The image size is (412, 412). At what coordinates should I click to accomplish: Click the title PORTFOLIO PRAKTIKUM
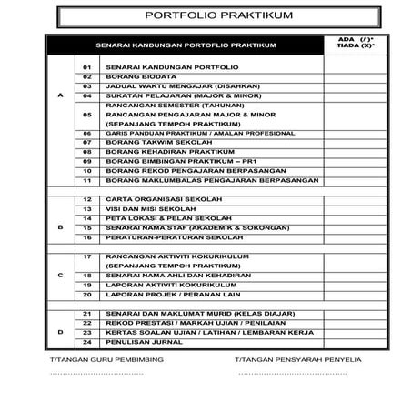pyautogui.click(x=206, y=17)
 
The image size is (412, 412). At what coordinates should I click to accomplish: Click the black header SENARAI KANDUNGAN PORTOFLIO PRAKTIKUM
pyautogui.click(x=186, y=45)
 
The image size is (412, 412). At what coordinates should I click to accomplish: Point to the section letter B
pyautogui.click(x=61, y=227)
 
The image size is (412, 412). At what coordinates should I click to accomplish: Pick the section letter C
pyautogui.click(x=61, y=275)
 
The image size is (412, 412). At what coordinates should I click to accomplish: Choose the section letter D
pyautogui.click(x=61, y=332)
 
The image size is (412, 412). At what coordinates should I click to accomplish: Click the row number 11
pyautogui.click(x=87, y=180)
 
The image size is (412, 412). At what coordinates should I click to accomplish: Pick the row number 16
pyautogui.click(x=87, y=237)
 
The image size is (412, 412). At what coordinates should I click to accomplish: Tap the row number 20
pyautogui.click(x=87, y=295)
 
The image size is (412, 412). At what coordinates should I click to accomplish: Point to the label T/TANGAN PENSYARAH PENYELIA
pyautogui.click(x=298, y=361)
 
